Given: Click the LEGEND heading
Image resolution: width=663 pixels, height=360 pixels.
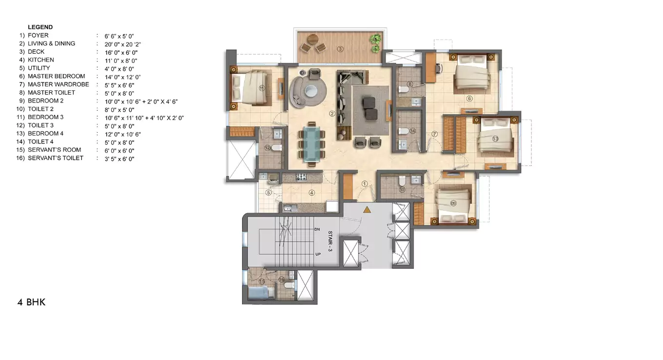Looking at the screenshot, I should pyautogui.click(x=40, y=27).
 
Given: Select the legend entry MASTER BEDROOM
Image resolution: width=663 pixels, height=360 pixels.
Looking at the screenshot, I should pyautogui.click(x=56, y=76).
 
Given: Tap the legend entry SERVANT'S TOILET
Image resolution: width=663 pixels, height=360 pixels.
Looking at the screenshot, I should pyautogui.click(x=56, y=158).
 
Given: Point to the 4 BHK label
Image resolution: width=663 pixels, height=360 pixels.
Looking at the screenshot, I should pyautogui.click(x=32, y=302).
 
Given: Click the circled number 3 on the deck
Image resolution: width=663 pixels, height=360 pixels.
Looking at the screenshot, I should pyautogui.click(x=340, y=49).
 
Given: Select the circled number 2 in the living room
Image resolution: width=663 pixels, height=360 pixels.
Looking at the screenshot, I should pyautogui.click(x=332, y=114).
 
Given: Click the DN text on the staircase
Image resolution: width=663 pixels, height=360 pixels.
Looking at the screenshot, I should pyautogui.click(x=317, y=229).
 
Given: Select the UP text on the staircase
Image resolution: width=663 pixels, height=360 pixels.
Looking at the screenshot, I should pyautogui.click(x=318, y=254).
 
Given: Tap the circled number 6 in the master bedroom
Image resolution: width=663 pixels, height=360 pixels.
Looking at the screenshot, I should pyautogui.click(x=469, y=99).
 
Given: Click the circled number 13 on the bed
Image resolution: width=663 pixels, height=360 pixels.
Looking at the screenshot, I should pyautogui.click(x=495, y=139).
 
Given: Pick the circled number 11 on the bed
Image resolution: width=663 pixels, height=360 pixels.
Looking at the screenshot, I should pyautogui.click(x=262, y=88).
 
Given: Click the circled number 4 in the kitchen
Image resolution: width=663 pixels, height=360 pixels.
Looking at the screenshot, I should pyautogui.click(x=312, y=192).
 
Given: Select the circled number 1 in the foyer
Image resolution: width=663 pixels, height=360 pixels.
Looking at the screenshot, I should pyautogui.click(x=364, y=184).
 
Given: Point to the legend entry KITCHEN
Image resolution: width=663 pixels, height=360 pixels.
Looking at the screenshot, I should pyautogui.click(x=41, y=60).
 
